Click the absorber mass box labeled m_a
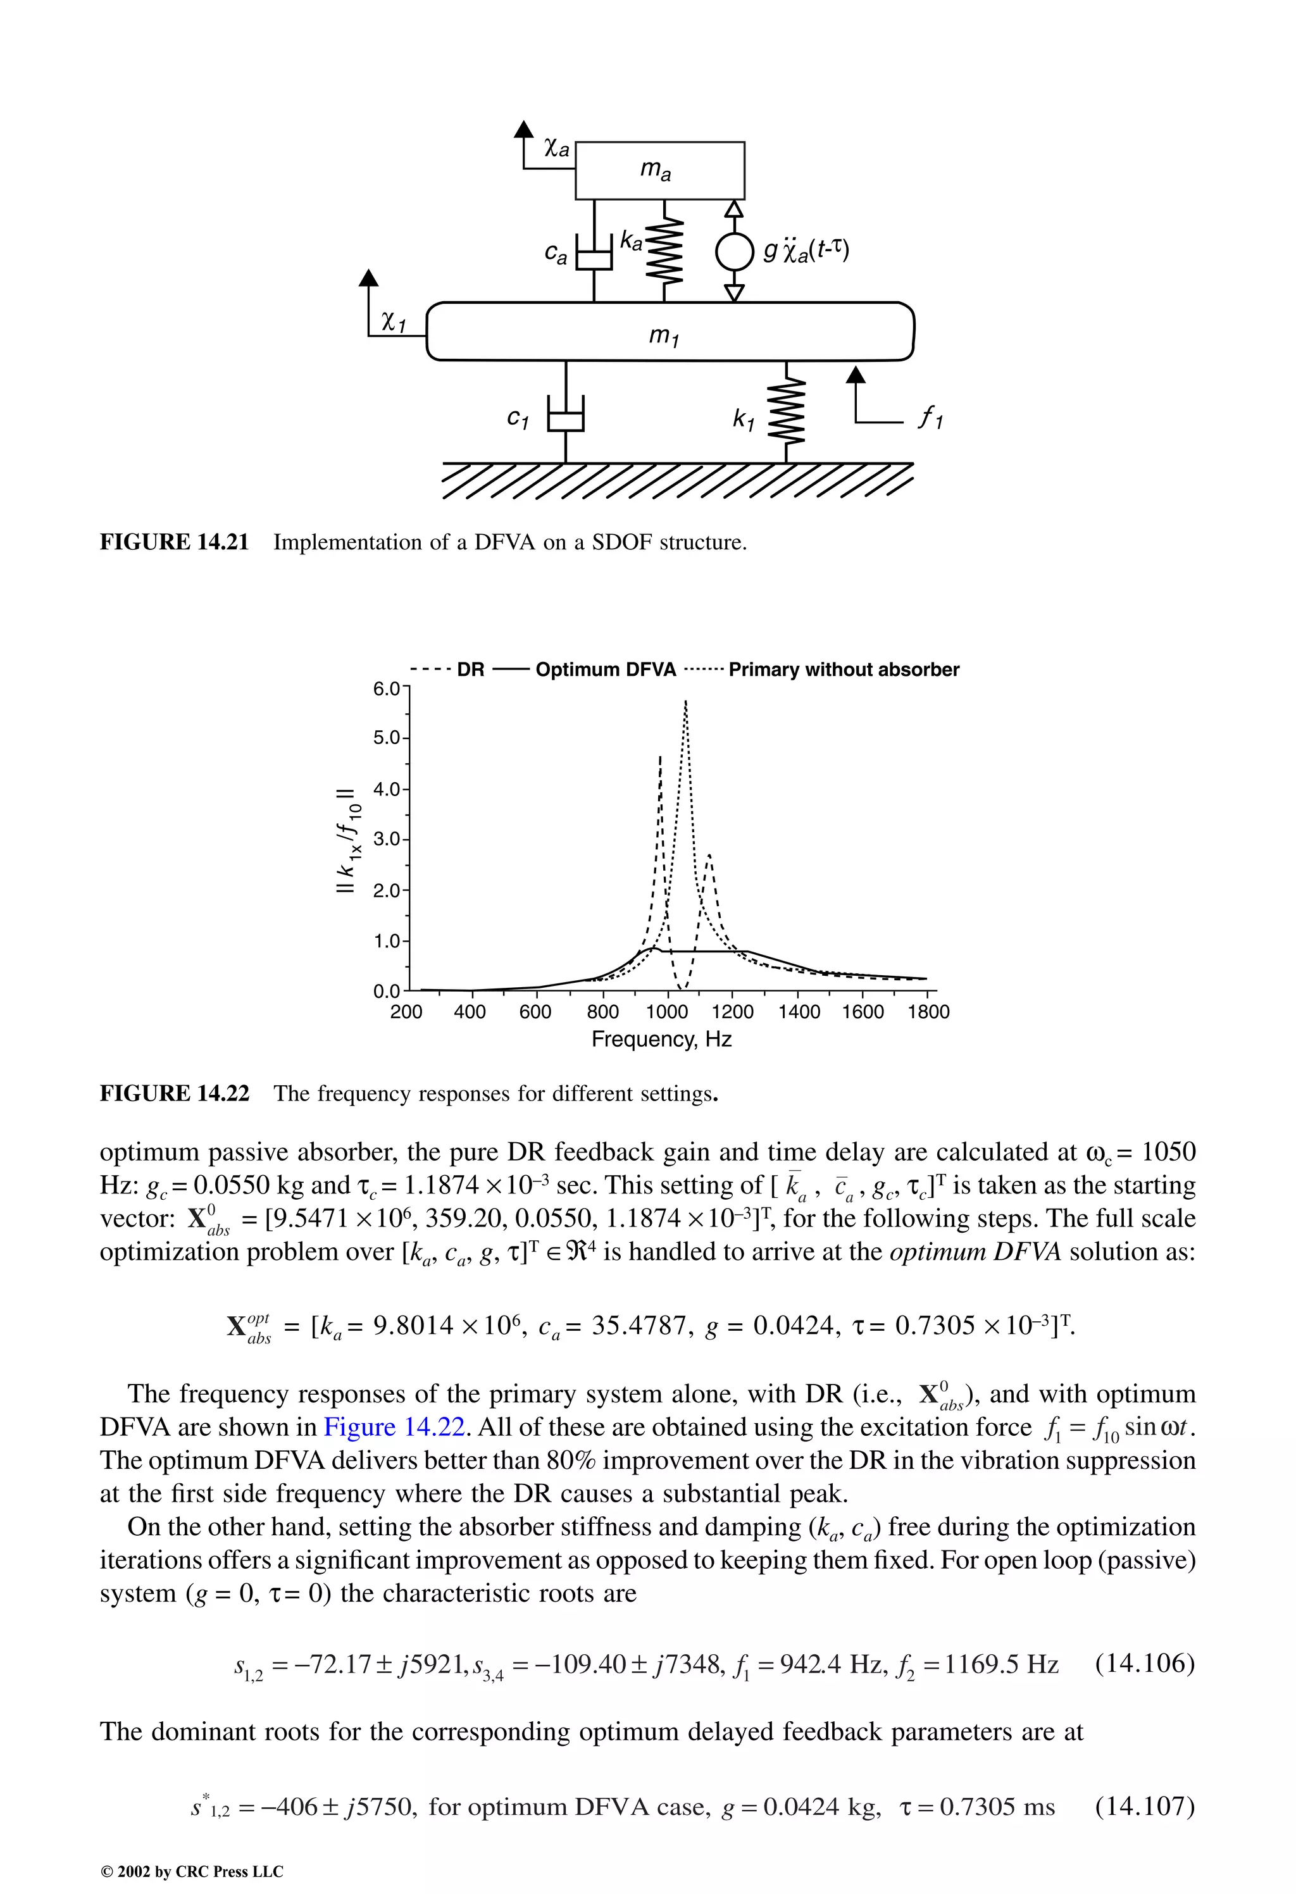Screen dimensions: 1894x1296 [659, 170]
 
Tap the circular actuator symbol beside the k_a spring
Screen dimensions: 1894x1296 [733, 252]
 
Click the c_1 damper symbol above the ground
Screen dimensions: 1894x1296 [565, 420]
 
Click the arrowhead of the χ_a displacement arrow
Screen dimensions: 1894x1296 [524, 130]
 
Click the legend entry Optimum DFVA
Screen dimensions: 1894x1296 [605, 670]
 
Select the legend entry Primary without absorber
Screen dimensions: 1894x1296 [843, 670]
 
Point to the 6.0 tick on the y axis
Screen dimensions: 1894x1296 [387, 688]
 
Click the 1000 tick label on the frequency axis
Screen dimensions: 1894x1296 [667, 1012]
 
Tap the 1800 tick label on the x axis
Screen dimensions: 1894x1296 [928, 1012]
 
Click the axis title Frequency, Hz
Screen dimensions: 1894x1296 [661, 1039]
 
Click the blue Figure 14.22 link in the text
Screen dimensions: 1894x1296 [394, 1427]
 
